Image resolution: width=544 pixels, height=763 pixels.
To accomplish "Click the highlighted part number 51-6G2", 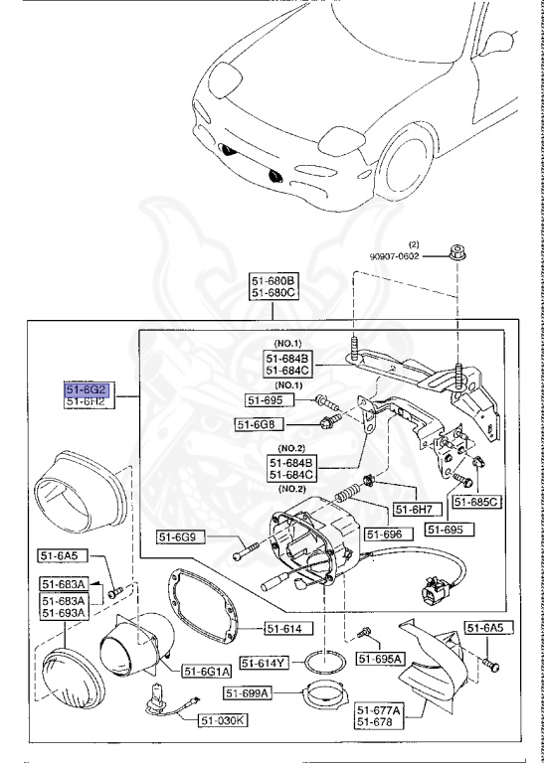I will coord(88,389).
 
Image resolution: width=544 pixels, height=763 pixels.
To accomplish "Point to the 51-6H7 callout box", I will coord(414,510).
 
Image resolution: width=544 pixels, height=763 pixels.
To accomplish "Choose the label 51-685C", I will coord(477,503).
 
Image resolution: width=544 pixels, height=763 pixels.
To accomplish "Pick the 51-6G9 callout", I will coord(181,538).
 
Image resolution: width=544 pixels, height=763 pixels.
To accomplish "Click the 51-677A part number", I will coord(379,710).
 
